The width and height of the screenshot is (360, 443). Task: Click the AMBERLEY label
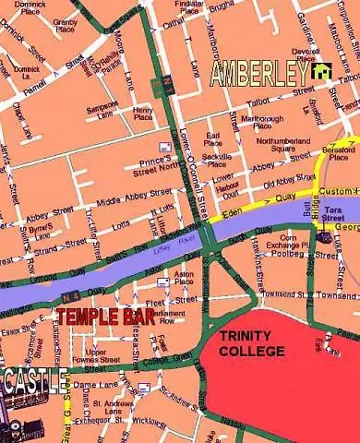coord(260,74)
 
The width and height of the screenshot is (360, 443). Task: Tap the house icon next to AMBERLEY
coord(321,71)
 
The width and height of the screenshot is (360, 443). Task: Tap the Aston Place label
coord(184,278)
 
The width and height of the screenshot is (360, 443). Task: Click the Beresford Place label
coord(339,153)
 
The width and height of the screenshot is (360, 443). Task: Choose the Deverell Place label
coord(304,53)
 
